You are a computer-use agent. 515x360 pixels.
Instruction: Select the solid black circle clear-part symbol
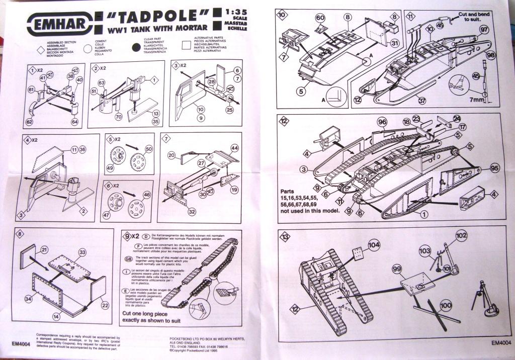pos(135,47)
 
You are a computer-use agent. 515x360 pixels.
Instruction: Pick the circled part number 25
pos(230,109)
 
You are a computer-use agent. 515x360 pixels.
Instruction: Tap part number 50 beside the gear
pos(148,149)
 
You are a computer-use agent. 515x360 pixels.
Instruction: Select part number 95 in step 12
pos(494,168)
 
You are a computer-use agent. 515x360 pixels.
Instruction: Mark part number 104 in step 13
pos(374,245)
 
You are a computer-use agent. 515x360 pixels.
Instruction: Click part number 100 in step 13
pos(446,305)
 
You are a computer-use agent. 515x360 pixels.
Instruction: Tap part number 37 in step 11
pos(421,100)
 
